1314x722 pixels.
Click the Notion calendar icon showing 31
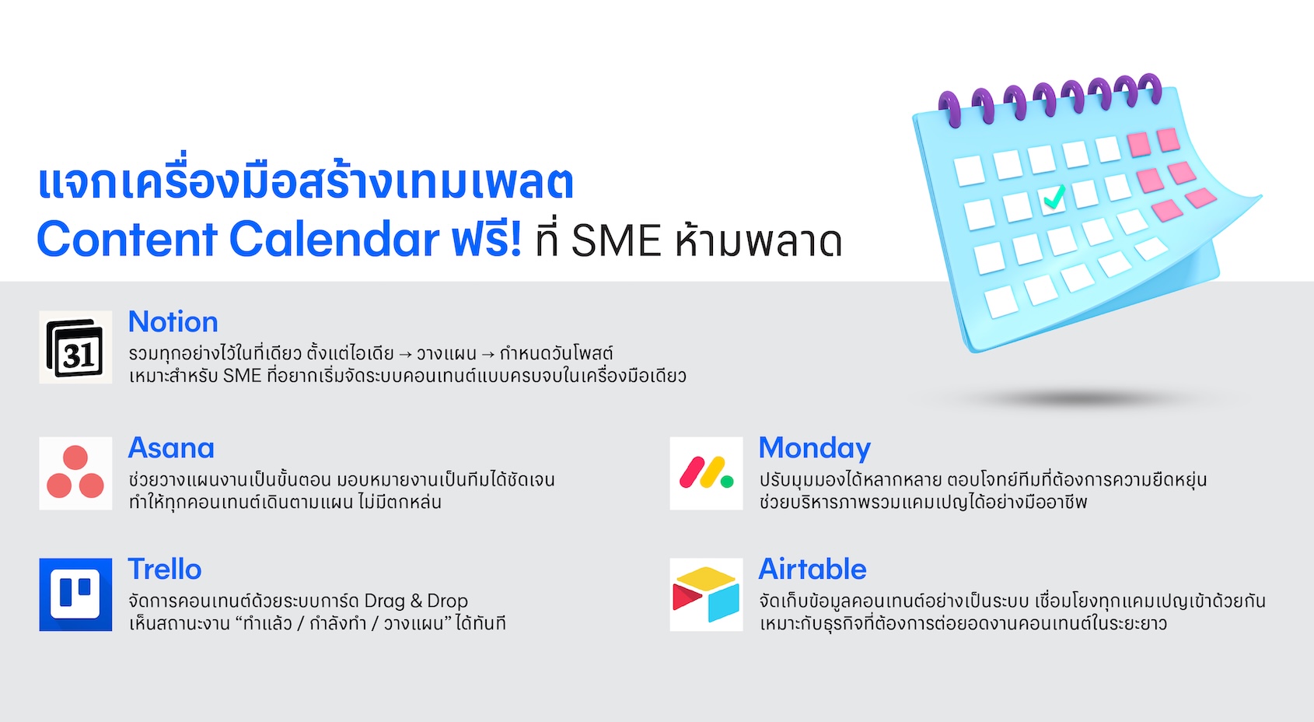[75, 347]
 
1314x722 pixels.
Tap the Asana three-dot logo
[75, 473]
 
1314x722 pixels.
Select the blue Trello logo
[75, 594]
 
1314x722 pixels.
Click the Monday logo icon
[706, 473]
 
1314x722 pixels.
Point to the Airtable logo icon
[706, 594]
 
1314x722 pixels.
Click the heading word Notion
[173, 321]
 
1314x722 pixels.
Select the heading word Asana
[171, 448]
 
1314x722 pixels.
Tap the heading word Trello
[165, 569]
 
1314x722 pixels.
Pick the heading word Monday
[815, 449]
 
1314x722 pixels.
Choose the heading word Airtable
[813, 569]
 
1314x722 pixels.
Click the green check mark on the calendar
[1054, 198]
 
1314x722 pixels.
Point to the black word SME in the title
[616, 240]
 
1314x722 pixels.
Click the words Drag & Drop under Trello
[416, 601]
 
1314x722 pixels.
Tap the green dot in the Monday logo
[727, 482]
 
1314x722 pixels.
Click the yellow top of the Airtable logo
[706, 577]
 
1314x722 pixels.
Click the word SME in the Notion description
[243, 376]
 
